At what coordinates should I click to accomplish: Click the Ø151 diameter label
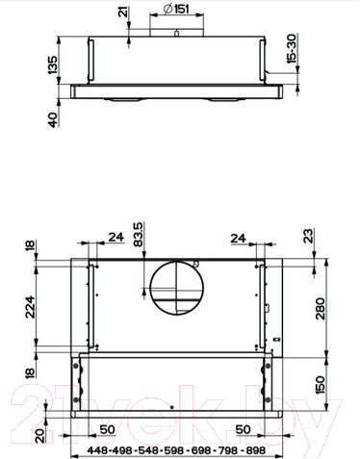click(x=175, y=11)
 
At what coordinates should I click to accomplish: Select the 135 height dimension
click(x=54, y=66)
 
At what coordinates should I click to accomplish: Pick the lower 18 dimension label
click(x=30, y=371)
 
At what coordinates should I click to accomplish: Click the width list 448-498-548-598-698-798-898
click(x=176, y=449)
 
